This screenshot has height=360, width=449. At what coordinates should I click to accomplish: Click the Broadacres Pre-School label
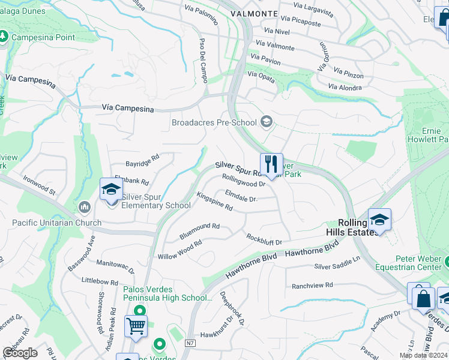point(214,123)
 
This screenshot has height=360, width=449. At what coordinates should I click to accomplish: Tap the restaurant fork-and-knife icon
point(271,163)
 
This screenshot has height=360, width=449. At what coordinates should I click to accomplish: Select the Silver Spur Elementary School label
point(156,200)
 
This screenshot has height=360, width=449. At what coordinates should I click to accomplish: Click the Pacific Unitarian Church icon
point(84,208)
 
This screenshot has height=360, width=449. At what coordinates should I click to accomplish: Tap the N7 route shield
point(190,343)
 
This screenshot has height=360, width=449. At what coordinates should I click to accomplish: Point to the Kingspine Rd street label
point(214,201)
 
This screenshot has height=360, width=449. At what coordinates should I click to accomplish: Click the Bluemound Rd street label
point(199,231)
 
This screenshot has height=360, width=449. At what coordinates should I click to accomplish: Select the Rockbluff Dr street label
point(264,239)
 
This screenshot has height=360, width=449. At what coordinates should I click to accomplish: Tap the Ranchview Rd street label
point(312,286)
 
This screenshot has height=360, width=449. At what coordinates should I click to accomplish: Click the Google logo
point(19,353)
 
